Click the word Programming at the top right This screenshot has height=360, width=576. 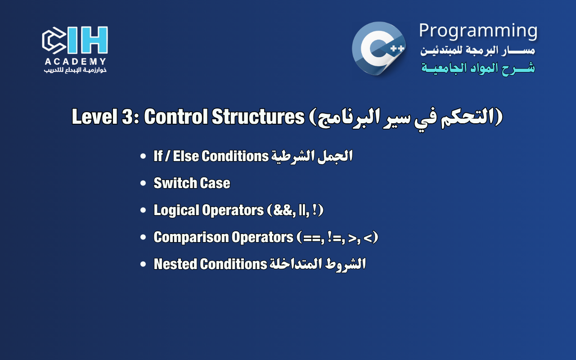[x=478, y=31]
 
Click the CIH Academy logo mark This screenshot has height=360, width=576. [x=75, y=40]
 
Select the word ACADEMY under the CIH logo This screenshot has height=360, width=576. [x=75, y=62]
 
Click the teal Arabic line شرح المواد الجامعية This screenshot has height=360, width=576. [x=478, y=68]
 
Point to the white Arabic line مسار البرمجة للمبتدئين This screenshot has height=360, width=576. [x=478, y=50]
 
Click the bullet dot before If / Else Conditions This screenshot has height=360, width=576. [x=143, y=157]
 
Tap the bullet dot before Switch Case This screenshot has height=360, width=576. [x=143, y=184]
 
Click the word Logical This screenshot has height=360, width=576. [x=175, y=210]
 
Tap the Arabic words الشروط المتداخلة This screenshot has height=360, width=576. [x=318, y=264]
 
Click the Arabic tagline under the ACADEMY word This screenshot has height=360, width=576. [x=75, y=70]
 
